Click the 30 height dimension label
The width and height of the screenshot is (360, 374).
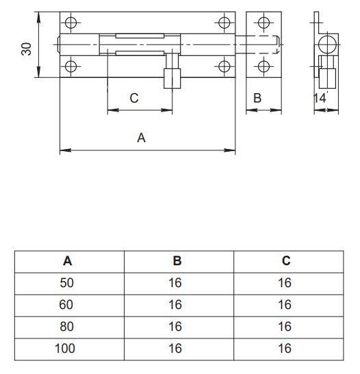(x=26, y=49)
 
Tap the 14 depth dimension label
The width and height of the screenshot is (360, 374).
(x=320, y=98)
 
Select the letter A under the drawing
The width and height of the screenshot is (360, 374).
(x=141, y=138)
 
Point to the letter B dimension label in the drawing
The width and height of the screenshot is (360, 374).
(x=257, y=98)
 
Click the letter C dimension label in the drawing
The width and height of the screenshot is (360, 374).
(x=134, y=98)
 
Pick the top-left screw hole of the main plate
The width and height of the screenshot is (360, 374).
(x=70, y=23)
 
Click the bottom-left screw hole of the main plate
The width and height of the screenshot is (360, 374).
(x=70, y=66)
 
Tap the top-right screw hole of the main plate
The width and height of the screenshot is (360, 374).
(x=224, y=23)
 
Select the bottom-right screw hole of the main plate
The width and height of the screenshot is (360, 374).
(x=224, y=66)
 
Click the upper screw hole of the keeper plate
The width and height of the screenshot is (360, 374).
(x=263, y=23)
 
